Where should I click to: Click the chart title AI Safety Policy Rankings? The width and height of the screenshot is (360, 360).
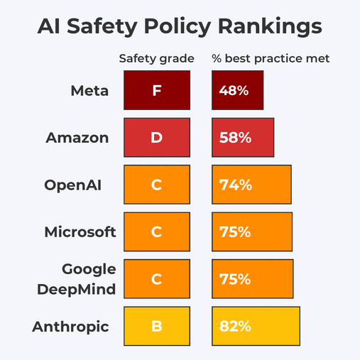tap(180, 26)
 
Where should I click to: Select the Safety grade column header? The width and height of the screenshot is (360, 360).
tap(156, 58)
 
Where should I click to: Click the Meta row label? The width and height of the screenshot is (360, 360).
tap(89, 90)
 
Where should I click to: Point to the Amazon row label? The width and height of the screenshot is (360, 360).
tap(77, 137)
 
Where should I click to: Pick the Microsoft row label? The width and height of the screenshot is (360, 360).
tap(80, 231)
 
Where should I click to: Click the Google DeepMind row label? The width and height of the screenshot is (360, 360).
tap(88, 278)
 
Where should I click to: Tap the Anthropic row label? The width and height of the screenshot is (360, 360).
tap(70, 326)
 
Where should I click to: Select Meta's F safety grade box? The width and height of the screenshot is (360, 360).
tap(156, 90)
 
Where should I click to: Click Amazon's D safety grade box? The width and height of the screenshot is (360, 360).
tap(156, 137)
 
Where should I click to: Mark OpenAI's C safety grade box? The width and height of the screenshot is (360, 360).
tap(156, 185)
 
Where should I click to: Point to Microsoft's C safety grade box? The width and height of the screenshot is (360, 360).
tap(156, 231)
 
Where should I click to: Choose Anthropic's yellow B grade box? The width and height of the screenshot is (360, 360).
tap(156, 326)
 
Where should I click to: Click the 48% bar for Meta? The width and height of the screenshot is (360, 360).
tap(238, 90)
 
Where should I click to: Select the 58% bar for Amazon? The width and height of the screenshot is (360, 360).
tap(243, 137)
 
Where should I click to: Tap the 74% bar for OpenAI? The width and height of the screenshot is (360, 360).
tap(251, 185)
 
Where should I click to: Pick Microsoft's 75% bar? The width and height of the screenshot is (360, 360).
tap(252, 231)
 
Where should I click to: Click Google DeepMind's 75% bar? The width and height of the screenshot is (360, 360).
tap(252, 278)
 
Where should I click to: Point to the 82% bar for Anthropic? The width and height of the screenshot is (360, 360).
tap(256, 326)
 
